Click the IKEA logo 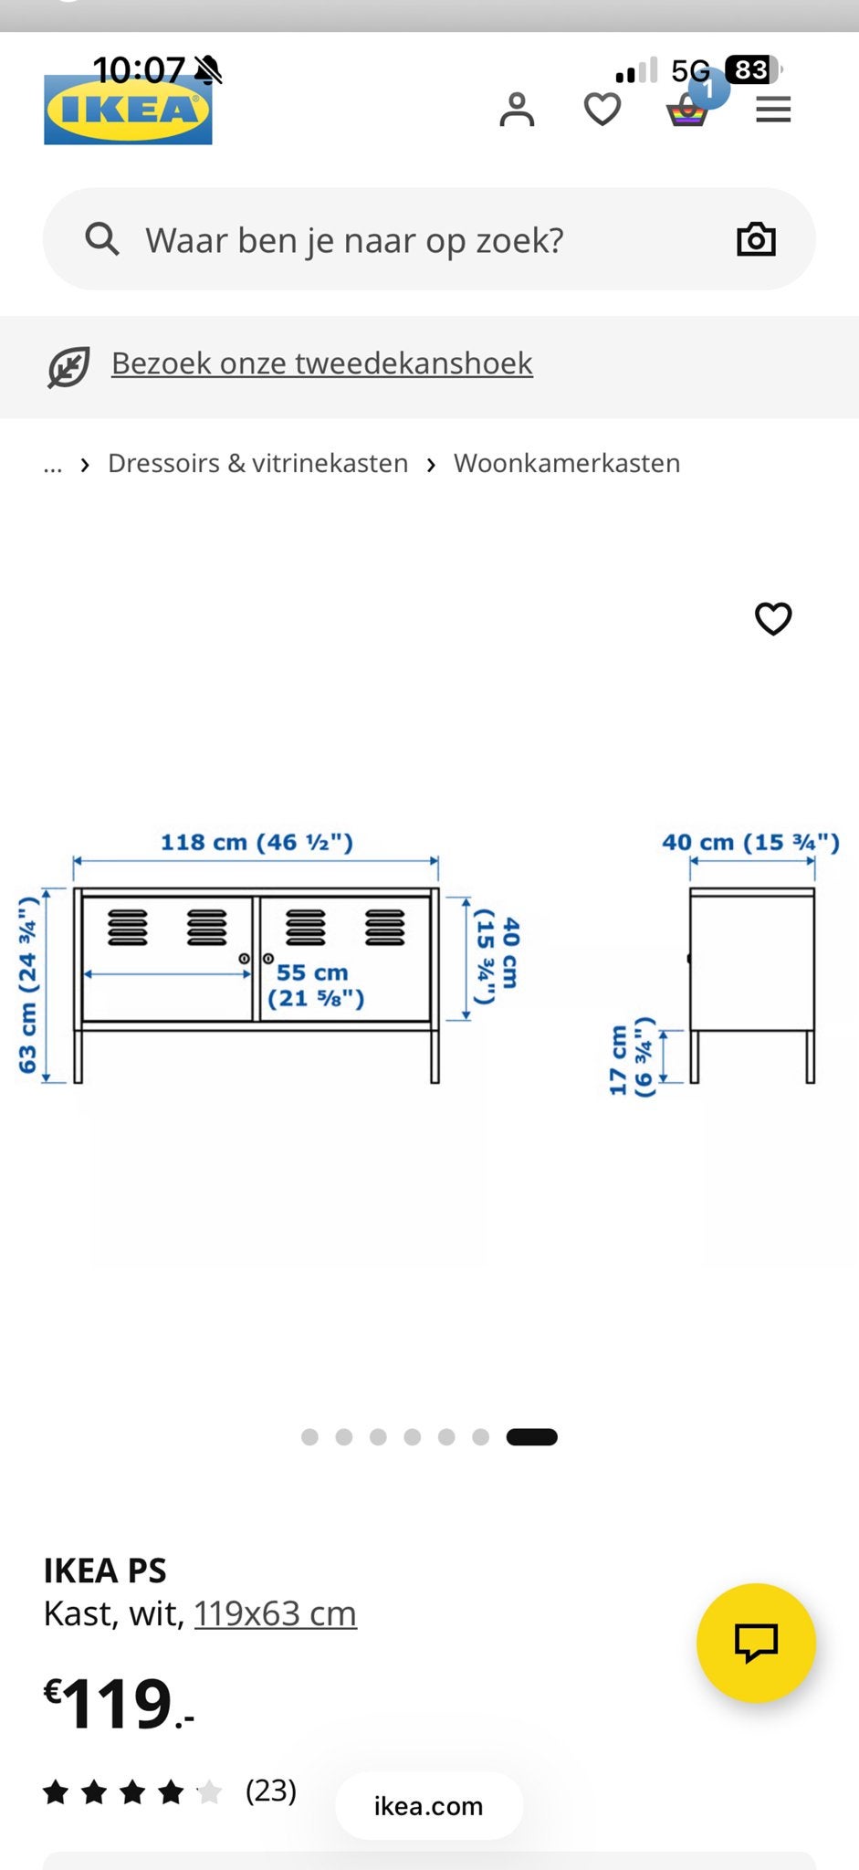click(128, 109)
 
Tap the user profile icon click(517, 110)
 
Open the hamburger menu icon click(773, 110)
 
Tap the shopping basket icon click(687, 110)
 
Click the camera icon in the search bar click(756, 239)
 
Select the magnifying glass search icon click(102, 239)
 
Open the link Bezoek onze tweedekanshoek click(321, 363)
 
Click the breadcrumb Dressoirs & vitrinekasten click(257, 463)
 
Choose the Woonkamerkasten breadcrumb click(567, 463)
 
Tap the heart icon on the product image click(773, 618)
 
